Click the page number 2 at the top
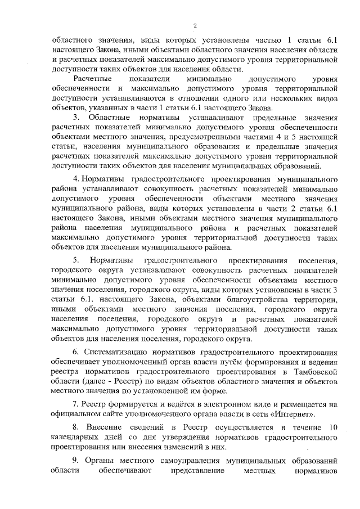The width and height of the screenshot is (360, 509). tap(195, 25)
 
